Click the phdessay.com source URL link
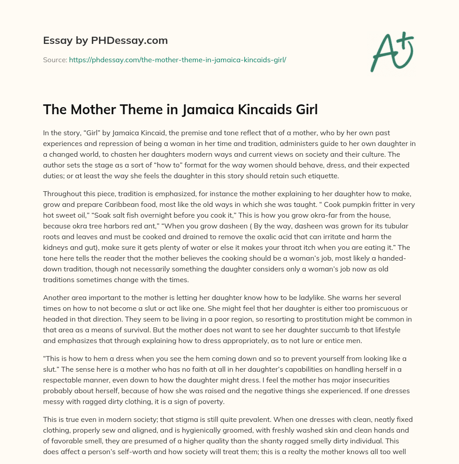tap(178, 60)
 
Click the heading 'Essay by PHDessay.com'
tap(105, 41)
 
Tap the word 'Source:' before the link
tap(55, 60)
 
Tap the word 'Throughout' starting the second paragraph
tap(61, 193)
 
